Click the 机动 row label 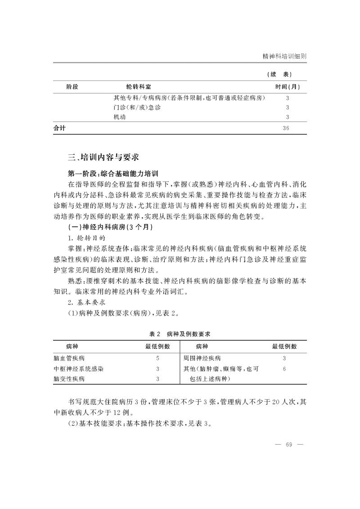[119, 117]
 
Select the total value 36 [286, 128]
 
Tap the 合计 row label [60, 128]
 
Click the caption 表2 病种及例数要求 [180, 334]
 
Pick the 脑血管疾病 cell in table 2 [69, 358]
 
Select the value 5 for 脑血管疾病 [157, 358]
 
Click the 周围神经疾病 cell [202, 358]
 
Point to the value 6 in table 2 [284, 369]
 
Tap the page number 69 [289, 445]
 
